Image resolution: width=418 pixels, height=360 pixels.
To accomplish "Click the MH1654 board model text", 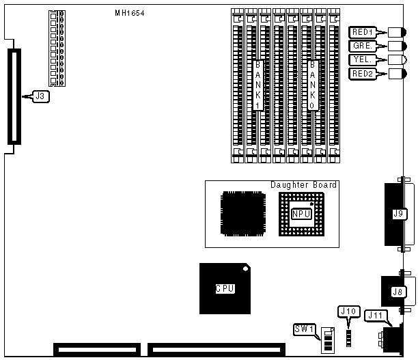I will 130,14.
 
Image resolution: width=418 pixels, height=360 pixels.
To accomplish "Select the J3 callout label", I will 40,97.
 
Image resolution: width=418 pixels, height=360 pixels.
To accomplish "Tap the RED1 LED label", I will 361,32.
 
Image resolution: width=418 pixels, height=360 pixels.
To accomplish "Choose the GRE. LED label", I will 361,46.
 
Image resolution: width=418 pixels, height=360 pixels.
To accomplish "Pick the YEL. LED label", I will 361,59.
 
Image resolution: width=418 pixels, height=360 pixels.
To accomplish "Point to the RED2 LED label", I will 361,73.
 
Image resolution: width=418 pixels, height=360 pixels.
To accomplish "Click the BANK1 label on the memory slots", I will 257,85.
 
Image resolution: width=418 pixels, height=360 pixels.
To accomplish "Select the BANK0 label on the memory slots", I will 312,85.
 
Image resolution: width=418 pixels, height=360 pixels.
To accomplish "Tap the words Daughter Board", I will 303,185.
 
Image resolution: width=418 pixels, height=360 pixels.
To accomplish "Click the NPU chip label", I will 299,214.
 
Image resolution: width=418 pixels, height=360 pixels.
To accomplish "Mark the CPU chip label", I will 225,288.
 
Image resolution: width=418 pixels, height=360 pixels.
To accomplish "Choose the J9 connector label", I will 398,214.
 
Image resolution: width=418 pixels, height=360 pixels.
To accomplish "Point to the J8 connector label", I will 396,292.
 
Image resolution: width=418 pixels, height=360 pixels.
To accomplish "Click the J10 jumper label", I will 348,311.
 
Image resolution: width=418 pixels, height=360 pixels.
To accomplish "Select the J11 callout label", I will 375,315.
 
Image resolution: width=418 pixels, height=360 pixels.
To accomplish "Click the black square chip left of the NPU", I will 241,214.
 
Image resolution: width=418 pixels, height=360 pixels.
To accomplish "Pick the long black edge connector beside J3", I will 12,96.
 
